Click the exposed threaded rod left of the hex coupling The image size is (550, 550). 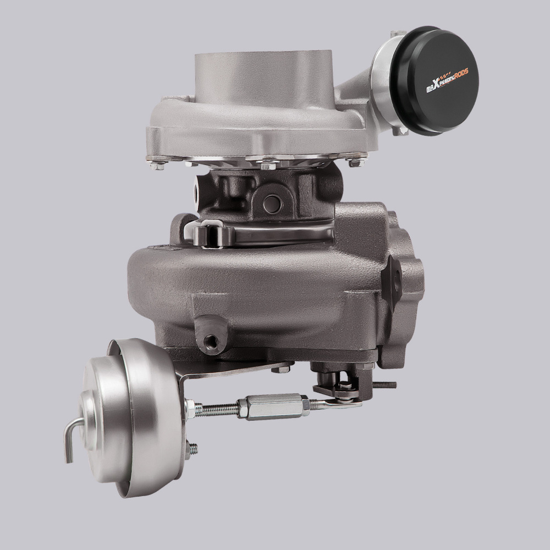217,409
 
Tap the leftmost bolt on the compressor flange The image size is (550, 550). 158,163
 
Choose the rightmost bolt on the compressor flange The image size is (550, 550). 354,161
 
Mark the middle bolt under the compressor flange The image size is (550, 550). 267,164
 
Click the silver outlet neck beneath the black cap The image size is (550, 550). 385,88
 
